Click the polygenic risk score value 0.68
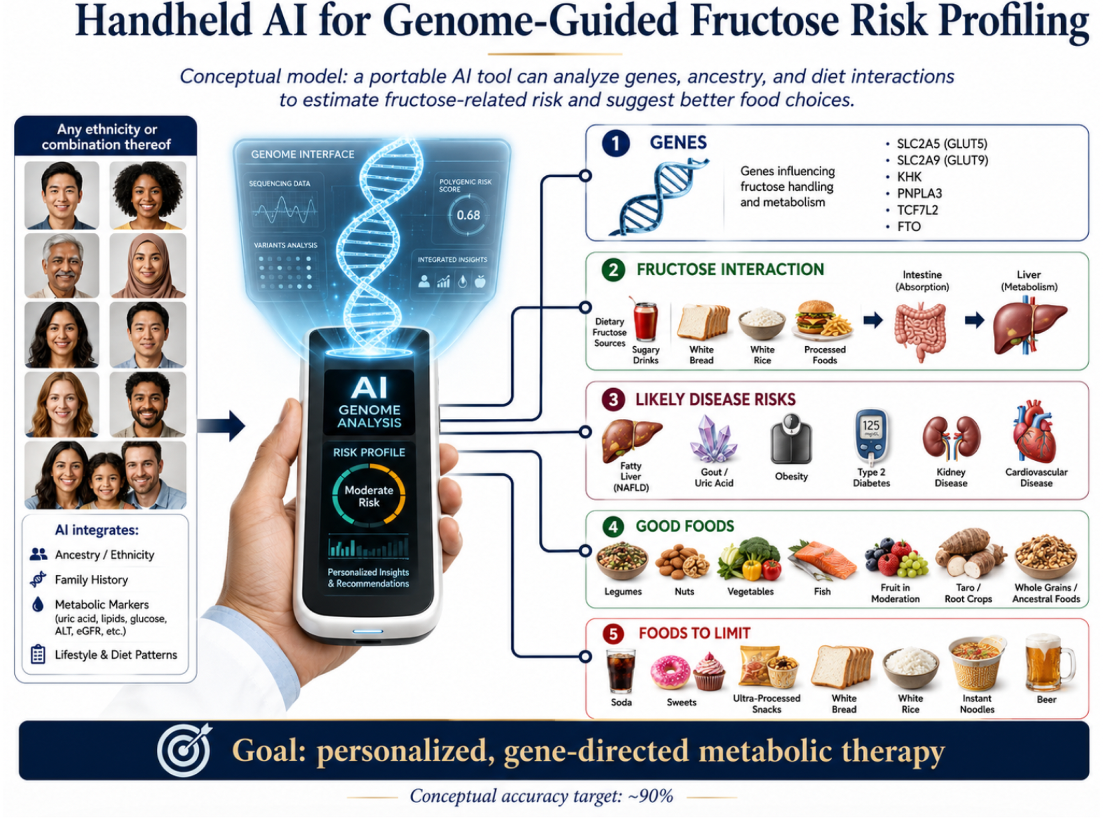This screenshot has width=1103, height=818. [x=468, y=215]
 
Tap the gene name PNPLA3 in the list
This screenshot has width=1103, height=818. [x=919, y=193]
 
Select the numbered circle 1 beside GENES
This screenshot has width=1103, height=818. [x=615, y=144]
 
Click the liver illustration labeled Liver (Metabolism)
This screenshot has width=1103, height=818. [x=1029, y=326]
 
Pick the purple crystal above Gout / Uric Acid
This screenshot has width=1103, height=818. [x=713, y=439]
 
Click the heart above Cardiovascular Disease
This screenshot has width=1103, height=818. [x=1034, y=432]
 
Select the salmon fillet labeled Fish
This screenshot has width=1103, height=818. [x=822, y=561]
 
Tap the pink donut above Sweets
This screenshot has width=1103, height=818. [x=670, y=672]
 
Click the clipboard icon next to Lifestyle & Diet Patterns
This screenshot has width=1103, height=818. [x=38, y=654]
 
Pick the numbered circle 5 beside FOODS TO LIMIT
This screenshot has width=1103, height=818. [x=613, y=634]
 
